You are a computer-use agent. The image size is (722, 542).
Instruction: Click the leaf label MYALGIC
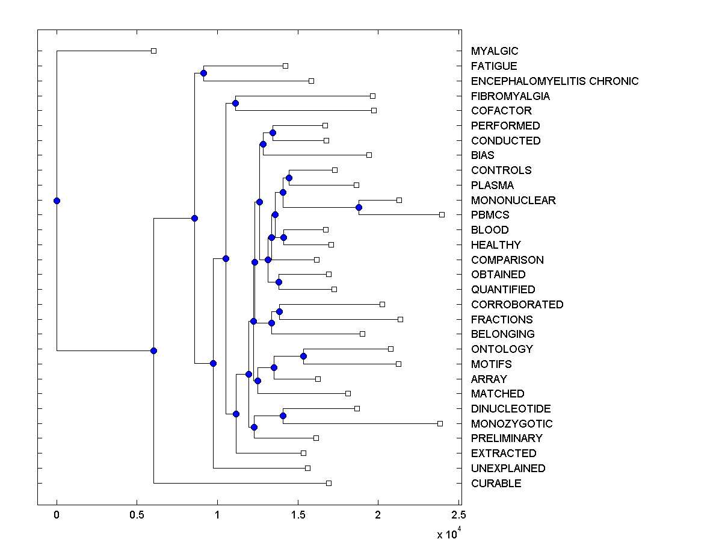tap(495, 51)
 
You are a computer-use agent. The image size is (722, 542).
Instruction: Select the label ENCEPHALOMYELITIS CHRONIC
tap(555, 81)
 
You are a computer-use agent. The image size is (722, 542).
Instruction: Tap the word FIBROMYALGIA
tap(510, 96)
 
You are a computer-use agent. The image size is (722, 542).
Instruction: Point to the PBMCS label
tap(490, 215)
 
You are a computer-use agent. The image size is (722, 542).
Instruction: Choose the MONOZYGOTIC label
tap(511, 423)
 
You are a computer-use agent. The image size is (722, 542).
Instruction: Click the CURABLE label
tap(496, 483)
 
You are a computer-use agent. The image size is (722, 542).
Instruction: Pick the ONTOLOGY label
tap(502, 349)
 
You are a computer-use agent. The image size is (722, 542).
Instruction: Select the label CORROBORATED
tap(517, 304)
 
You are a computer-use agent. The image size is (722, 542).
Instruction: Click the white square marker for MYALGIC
tap(153, 51)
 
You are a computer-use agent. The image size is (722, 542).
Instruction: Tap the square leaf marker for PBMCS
tap(442, 214)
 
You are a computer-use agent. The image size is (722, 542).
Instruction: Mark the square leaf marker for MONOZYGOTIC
tap(440, 423)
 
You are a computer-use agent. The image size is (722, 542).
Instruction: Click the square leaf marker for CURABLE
tap(329, 483)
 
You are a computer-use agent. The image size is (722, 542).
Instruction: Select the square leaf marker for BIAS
tap(369, 155)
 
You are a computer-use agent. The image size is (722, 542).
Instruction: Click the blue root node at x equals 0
tap(57, 201)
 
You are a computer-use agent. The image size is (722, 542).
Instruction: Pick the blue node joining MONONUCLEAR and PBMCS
tap(359, 207)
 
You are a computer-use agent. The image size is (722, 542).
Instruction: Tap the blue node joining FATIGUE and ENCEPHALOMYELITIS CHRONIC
tap(203, 73)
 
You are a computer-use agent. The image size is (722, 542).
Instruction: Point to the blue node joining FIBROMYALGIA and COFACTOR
tap(235, 103)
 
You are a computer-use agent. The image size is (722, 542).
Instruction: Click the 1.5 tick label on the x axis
tap(297, 515)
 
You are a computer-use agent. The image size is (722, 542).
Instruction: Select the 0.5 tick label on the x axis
tap(137, 515)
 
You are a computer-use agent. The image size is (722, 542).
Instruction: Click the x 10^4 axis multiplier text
tap(449, 534)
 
